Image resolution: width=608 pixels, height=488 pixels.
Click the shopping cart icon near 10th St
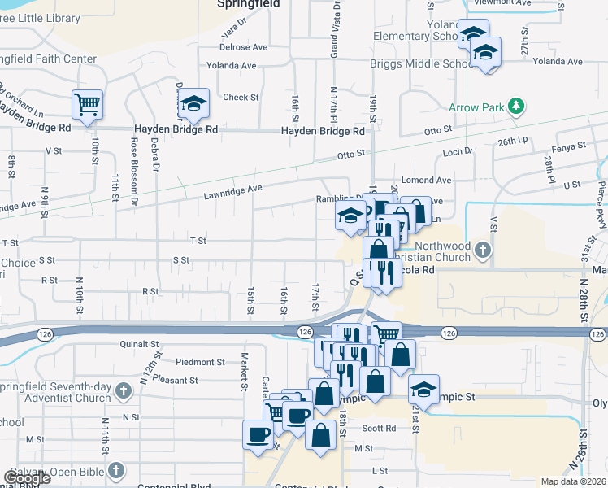tap(87, 103)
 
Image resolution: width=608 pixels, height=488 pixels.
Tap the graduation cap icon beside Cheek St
tap(193, 102)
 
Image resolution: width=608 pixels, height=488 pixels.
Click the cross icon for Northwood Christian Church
tap(484, 251)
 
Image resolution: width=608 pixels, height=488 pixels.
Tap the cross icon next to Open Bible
tap(115, 470)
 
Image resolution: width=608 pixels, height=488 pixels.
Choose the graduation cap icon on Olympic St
tap(423, 389)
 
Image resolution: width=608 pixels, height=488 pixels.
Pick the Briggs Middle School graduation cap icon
tap(486, 52)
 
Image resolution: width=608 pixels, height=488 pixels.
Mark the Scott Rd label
tap(379, 429)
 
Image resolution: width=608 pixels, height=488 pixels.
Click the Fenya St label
tap(568, 146)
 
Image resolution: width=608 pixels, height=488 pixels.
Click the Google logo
tap(26, 478)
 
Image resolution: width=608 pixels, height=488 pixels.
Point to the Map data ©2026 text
tap(573, 481)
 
